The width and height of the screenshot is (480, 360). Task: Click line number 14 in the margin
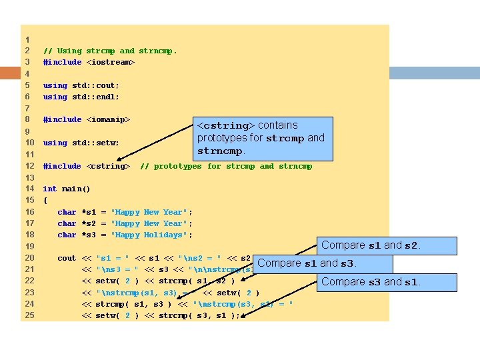29,189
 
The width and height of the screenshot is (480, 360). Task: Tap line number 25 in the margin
29,315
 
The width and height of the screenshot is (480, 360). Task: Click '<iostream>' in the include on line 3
110,62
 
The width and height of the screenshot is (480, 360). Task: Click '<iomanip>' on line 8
107,119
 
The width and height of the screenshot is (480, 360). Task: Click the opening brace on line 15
45,200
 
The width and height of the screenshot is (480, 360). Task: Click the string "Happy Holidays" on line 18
151,235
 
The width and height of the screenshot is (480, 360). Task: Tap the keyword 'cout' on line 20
67,258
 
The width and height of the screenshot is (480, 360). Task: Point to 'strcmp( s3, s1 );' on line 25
199,315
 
